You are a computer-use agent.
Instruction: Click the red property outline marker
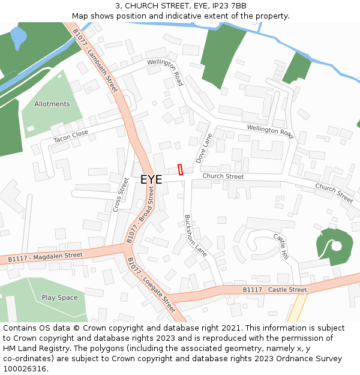(180, 170)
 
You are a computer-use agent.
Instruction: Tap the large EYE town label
(151, 179)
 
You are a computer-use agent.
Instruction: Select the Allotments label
(52, 104)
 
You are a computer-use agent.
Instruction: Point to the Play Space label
(59, 298)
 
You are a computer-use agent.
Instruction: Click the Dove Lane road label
(204, 148)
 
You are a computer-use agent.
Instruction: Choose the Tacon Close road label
(71, 136)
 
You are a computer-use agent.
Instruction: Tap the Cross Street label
(121, 194)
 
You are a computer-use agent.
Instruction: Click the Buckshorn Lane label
(195, 236)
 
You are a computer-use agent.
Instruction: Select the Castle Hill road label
(281, 246)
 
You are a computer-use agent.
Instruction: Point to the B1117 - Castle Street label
(275, 290)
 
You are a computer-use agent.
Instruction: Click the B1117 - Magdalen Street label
(45, 257)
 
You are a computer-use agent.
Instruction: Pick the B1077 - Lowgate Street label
(151, 285)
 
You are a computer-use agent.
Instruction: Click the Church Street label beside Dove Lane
(223, 176)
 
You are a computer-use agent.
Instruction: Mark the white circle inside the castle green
(336, 245)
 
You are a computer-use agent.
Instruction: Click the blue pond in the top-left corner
(19, 37)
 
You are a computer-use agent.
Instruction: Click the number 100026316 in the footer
(25, 368)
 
